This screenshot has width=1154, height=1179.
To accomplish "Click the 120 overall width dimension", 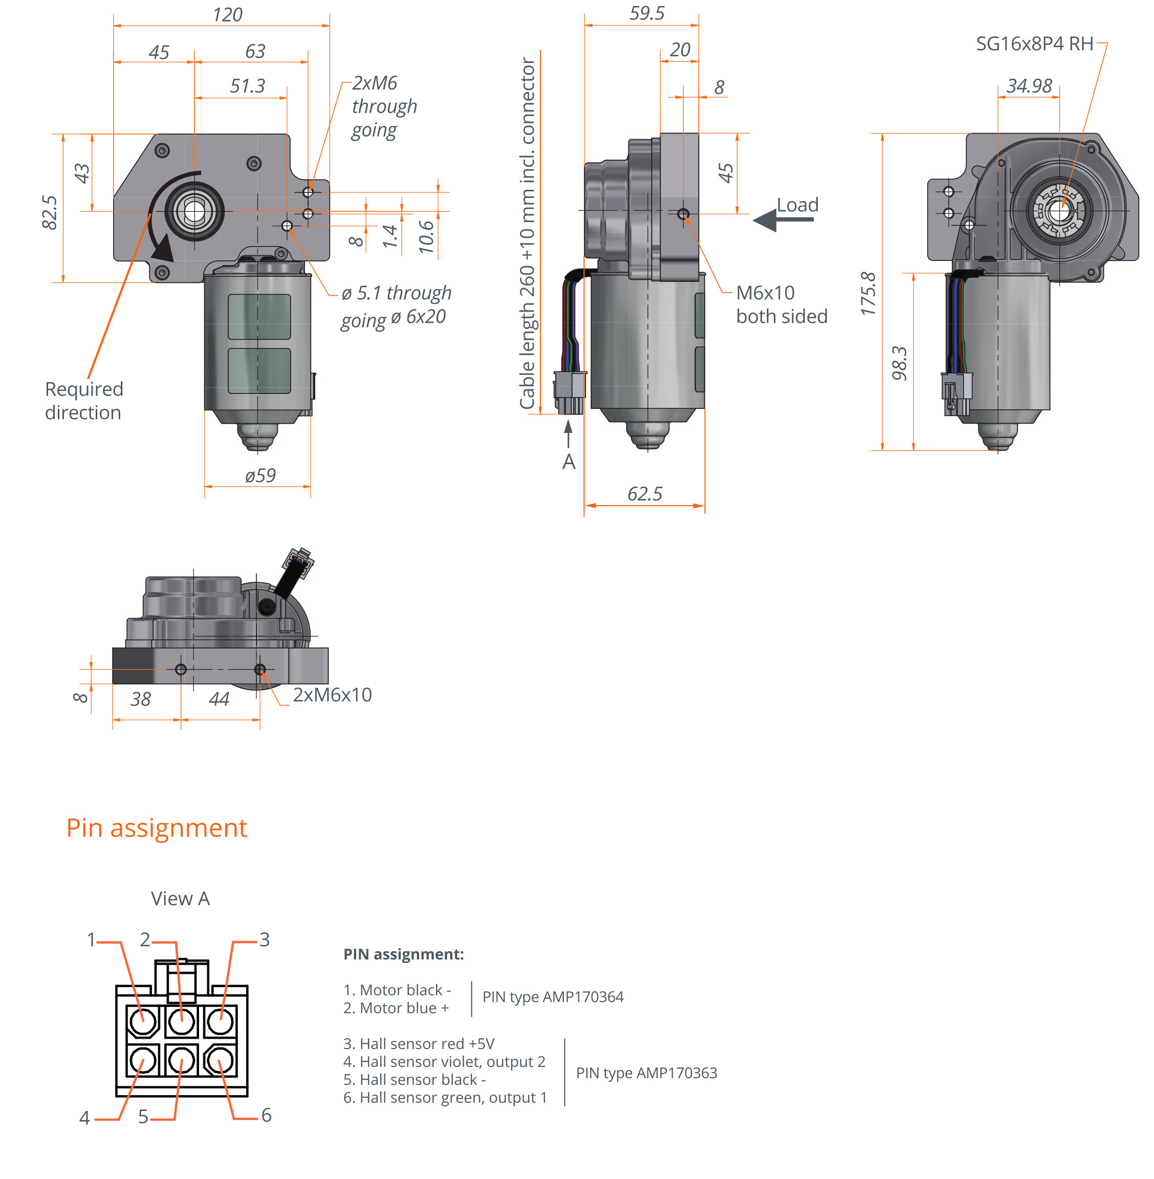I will point(227,14).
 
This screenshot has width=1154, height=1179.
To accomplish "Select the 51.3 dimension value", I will point(247,86).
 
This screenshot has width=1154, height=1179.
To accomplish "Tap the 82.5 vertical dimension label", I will point(50,212).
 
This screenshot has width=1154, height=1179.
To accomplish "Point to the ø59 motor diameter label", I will point(260,475).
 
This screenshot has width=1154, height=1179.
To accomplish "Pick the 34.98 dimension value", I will point(1029,86).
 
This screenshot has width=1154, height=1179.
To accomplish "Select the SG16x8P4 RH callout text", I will point(1034,43).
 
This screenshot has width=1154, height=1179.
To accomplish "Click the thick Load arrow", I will point(782,220).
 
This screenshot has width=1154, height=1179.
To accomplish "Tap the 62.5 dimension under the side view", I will point(644,493).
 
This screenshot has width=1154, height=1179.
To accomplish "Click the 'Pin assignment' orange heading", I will point(157,828).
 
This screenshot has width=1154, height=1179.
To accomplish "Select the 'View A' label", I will point(180,899).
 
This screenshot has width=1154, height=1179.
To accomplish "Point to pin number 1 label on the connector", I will point(92,940).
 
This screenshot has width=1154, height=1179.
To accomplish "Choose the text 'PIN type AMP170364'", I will point(553,997).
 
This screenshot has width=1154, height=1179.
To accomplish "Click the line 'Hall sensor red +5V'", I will point(419,1044).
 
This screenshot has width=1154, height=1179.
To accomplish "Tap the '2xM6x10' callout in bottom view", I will point(332,695).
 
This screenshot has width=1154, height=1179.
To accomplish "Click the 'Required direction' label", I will point(83,401).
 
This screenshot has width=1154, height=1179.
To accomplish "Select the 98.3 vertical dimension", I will point(900,363).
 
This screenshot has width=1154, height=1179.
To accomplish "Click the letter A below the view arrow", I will point(569,462).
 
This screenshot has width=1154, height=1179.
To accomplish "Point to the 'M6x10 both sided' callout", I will point(781,304).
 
